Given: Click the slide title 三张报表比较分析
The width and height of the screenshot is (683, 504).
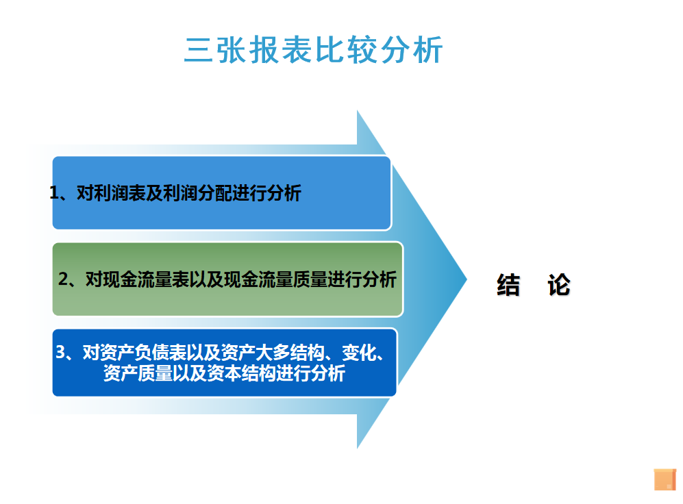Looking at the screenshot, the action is click(x=313, y=49).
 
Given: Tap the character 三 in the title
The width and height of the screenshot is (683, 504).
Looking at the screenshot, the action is click(x=199, y=50).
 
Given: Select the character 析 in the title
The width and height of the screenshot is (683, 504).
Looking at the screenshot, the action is click(x=429, y=49).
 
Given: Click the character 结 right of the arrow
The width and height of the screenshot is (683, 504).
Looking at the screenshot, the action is click(x=508, y=285).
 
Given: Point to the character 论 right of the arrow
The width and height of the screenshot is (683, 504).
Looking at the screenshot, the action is click(x=559, y=285).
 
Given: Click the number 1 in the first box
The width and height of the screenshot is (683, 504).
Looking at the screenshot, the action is click(x=54, y=193).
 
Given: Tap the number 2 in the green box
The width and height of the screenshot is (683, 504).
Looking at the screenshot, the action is click(x=63, y=279).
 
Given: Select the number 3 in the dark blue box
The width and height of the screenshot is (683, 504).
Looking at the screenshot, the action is click(x=60, y=352).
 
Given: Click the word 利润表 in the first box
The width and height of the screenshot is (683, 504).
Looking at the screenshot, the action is click(x=120, y=193).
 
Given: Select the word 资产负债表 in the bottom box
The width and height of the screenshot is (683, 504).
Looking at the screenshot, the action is click(x=143, y=352).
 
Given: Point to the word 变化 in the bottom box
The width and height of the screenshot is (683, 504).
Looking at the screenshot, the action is click(x=359, y=352).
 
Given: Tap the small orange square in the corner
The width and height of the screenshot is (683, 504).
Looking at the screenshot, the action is click(x=665, y=479).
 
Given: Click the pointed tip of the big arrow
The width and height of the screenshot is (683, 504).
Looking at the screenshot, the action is click(x=467, y=279).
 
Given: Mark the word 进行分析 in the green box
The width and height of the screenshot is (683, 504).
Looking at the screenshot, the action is click(x=362, y=279).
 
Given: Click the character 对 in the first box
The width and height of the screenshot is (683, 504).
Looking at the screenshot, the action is click(x=86, y=193).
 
